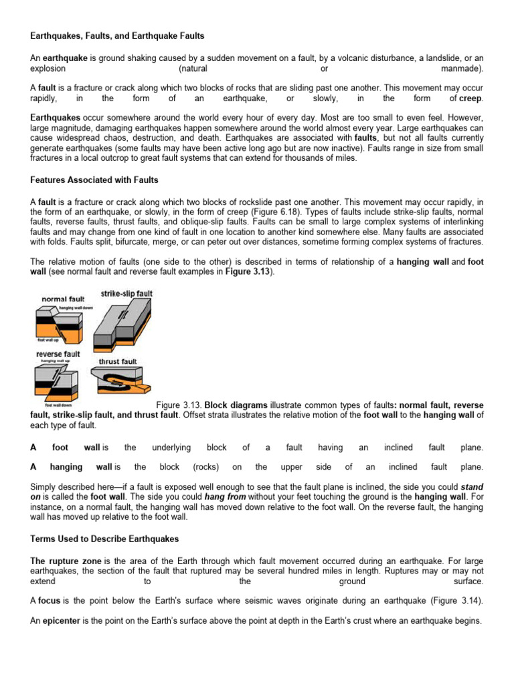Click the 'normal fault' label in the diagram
[63, 299]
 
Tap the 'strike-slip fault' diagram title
[126, 293]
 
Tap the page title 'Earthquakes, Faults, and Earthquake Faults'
[118, 35]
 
